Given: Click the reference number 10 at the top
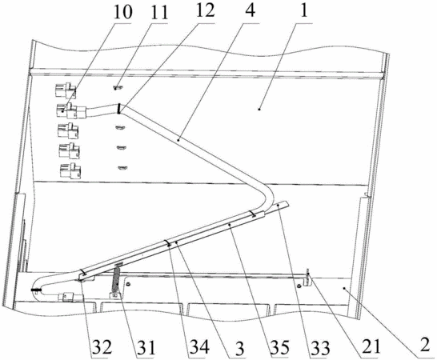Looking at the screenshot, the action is point(123,12).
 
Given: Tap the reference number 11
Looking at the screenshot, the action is point(158,13).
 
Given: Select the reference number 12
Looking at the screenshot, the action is point(205,10).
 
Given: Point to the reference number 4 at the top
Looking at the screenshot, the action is point(251,10).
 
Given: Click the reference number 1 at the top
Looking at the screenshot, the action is point(304,10).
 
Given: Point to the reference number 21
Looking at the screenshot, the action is point(371,347).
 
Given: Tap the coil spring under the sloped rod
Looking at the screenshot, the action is point(117,279).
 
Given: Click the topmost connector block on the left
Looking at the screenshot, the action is point(66,90).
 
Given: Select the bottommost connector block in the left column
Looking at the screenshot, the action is point(70,171).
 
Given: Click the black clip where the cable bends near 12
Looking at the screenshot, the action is point(119,108).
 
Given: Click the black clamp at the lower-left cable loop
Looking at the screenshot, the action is point(35,290).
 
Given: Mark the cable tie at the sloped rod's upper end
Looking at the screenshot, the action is point(253,214).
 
